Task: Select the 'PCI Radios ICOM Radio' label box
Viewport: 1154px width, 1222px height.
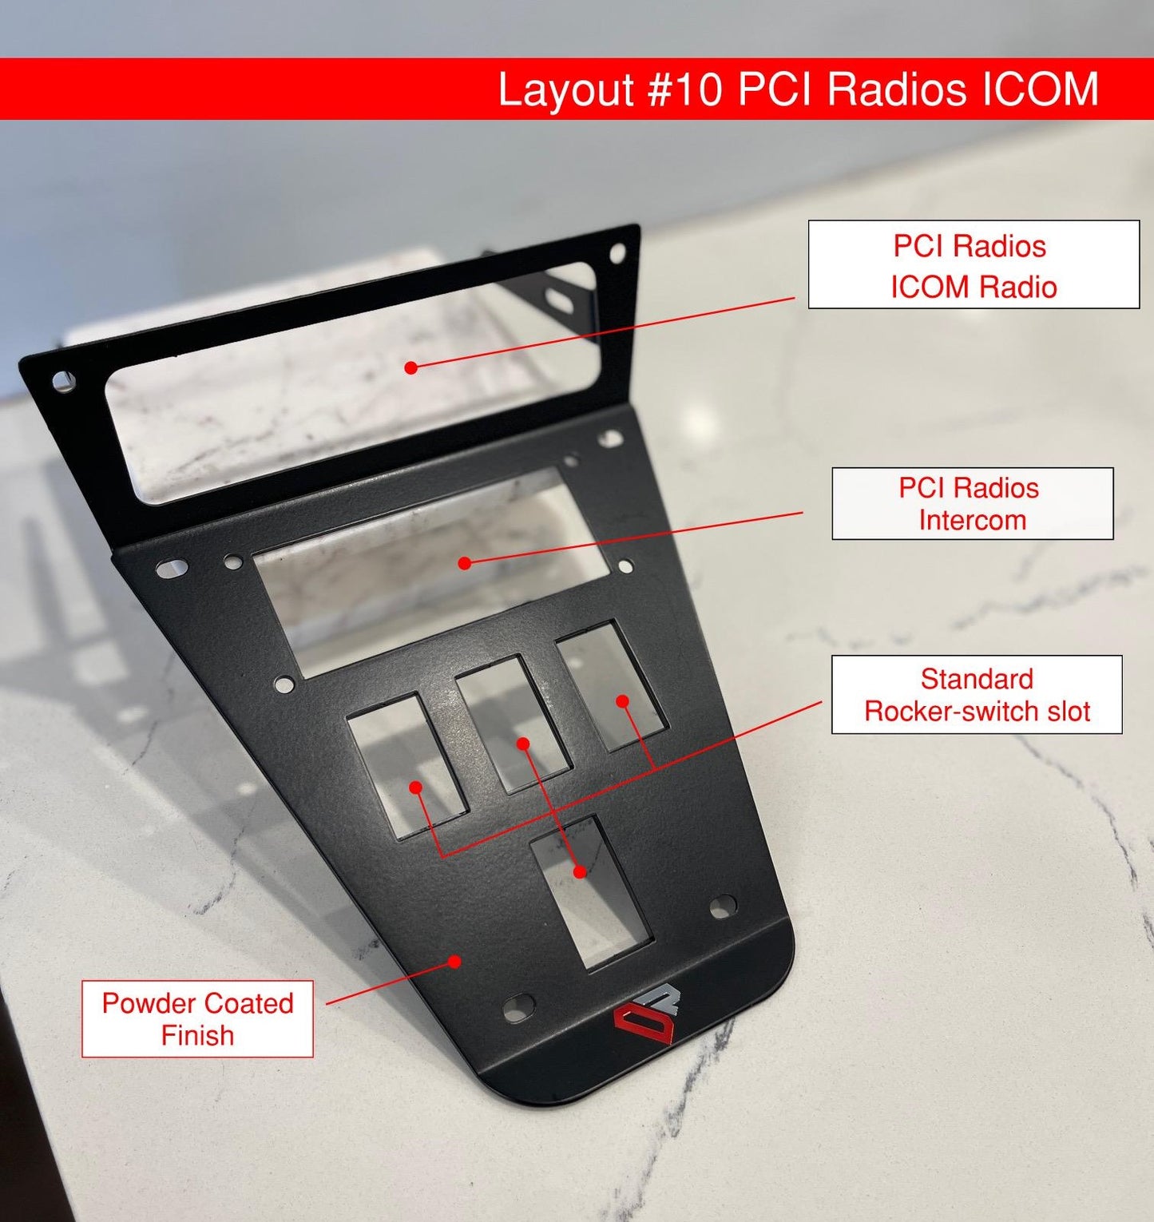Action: pos(974,264)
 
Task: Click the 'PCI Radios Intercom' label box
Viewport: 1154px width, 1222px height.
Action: pos(972,503)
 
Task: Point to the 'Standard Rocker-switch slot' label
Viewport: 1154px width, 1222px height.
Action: pos(977,694)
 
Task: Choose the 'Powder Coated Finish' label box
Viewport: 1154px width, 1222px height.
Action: pos(197,1018)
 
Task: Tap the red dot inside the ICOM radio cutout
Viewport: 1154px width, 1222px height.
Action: pos(410,367)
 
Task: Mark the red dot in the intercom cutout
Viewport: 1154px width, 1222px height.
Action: pos(465,563)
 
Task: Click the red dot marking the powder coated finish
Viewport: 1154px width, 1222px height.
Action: pos(454,961)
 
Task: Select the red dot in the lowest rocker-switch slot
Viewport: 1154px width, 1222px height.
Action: pos(581,871)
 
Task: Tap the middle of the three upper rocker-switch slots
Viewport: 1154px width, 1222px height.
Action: pos(513,723)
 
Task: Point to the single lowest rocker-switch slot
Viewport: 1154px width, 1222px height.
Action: pos(592,892)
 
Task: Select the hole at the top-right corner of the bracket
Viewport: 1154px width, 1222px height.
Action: pos(617,253)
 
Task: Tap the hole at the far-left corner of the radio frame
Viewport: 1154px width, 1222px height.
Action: pos(63,382)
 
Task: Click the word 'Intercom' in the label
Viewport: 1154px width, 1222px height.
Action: pos(972,520)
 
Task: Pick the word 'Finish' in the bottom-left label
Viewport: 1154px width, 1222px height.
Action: pos(197,1035)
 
